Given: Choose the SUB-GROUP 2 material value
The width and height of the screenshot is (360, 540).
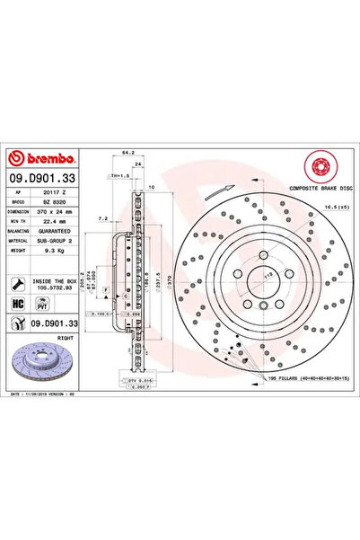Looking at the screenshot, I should click(64, 239).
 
